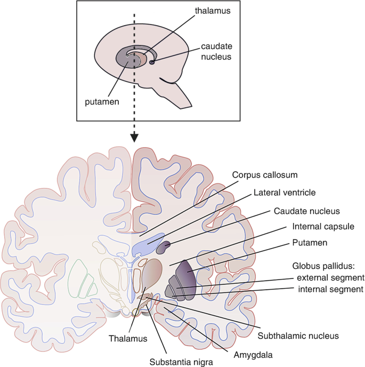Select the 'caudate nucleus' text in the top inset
[216, 51]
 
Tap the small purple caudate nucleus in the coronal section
[164, 246]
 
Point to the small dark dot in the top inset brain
[152, 62]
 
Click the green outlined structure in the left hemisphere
[80, 277]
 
